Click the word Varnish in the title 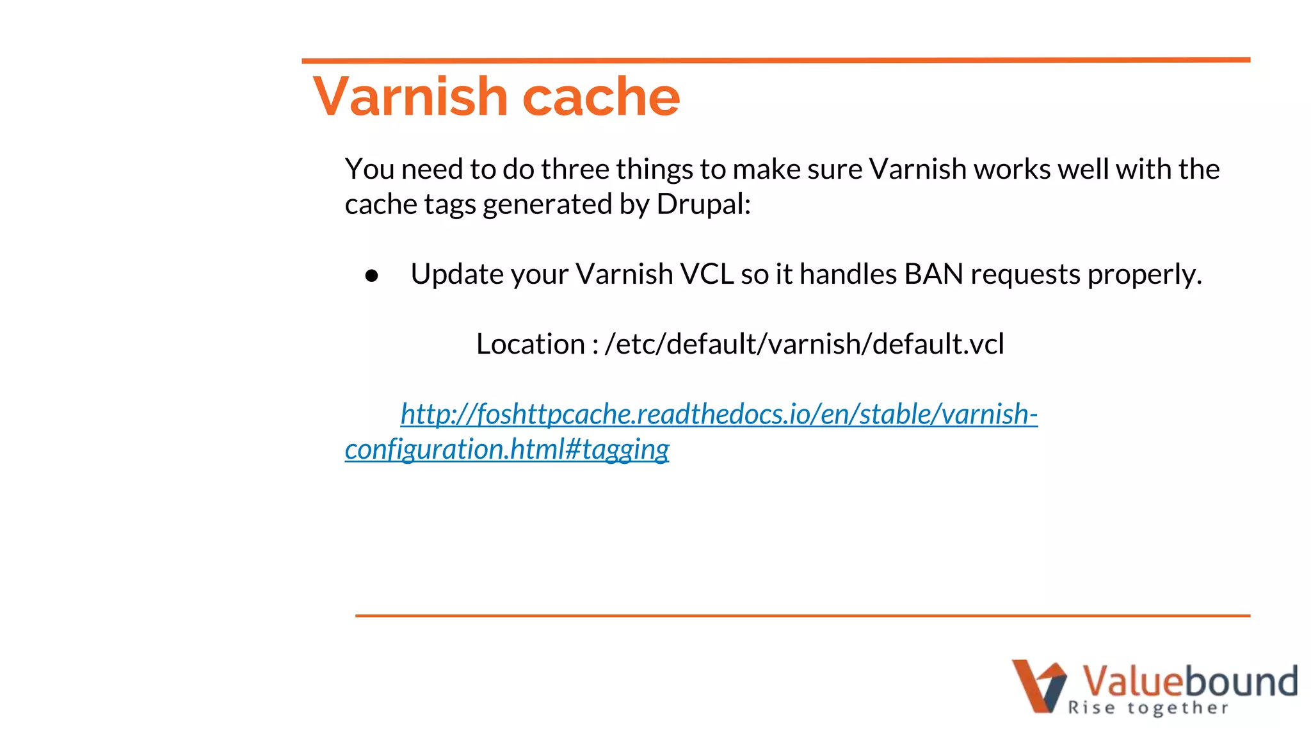[x=410, y=97]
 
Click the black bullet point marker [x=372, y=276]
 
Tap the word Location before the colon [x=530, y=345]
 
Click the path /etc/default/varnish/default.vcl [x=804, y=345]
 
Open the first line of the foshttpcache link [x=718, y=414]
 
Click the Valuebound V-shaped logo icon [x=1038, y=685]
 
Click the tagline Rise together [x=1148, y=708]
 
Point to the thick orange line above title [x=775, y=60]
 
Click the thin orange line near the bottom [x=802, y=616]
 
